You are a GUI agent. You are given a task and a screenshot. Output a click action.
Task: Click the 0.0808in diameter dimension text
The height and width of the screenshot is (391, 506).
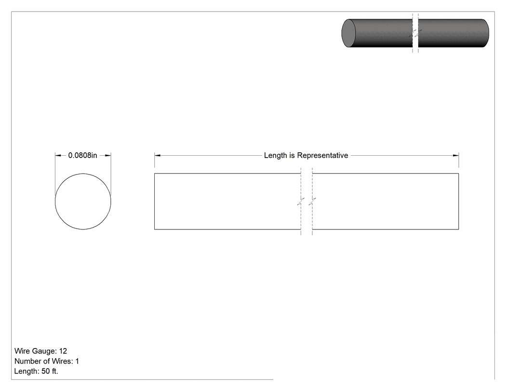(x=82, y=155)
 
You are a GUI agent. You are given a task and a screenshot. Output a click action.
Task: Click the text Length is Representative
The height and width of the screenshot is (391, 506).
(x=306, y=155)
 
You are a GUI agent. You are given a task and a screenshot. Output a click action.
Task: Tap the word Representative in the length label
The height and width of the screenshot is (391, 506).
(x=322, y=155)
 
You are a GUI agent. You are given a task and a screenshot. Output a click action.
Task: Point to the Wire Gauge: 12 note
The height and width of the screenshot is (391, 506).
(x=40, y=351)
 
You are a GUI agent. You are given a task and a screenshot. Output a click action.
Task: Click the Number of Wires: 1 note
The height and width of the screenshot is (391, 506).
(x=47, y=361)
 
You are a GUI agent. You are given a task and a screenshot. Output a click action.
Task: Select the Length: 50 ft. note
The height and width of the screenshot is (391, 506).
(x=36, y=371)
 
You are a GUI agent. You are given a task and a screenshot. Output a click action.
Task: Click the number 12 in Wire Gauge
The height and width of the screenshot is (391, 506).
(x=63, y=351)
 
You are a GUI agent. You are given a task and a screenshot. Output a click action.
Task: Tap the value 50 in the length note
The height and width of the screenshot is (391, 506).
(x=45, y=371)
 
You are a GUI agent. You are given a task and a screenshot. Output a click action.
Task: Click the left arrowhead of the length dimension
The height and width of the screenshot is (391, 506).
(x=157, y=155)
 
